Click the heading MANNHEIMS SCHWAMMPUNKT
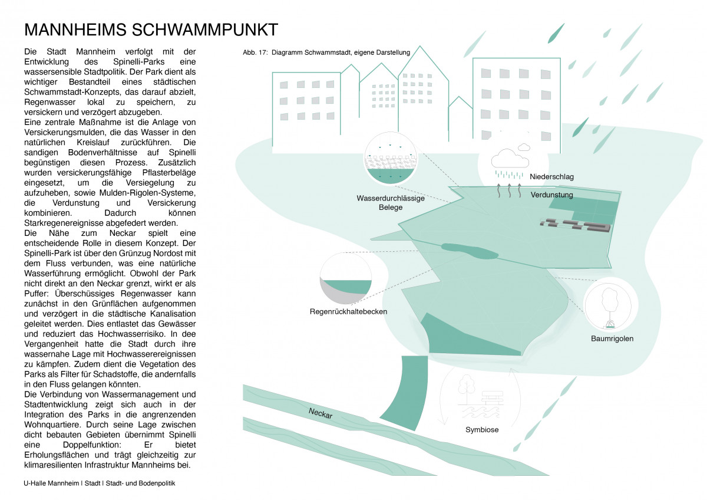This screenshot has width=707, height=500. (x=151, y=30)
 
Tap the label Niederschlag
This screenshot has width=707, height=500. (x=551, y=176)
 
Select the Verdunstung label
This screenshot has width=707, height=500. (x=551, y=194)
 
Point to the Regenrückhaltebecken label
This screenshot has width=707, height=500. (x=348, y=311)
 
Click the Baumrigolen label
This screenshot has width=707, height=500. (x=612, y=338)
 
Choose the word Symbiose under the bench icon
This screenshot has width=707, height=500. (x=482, y=429)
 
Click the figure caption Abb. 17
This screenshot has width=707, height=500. (x=326, y=52)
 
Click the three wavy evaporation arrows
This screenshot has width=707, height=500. (x=510, y=189)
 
